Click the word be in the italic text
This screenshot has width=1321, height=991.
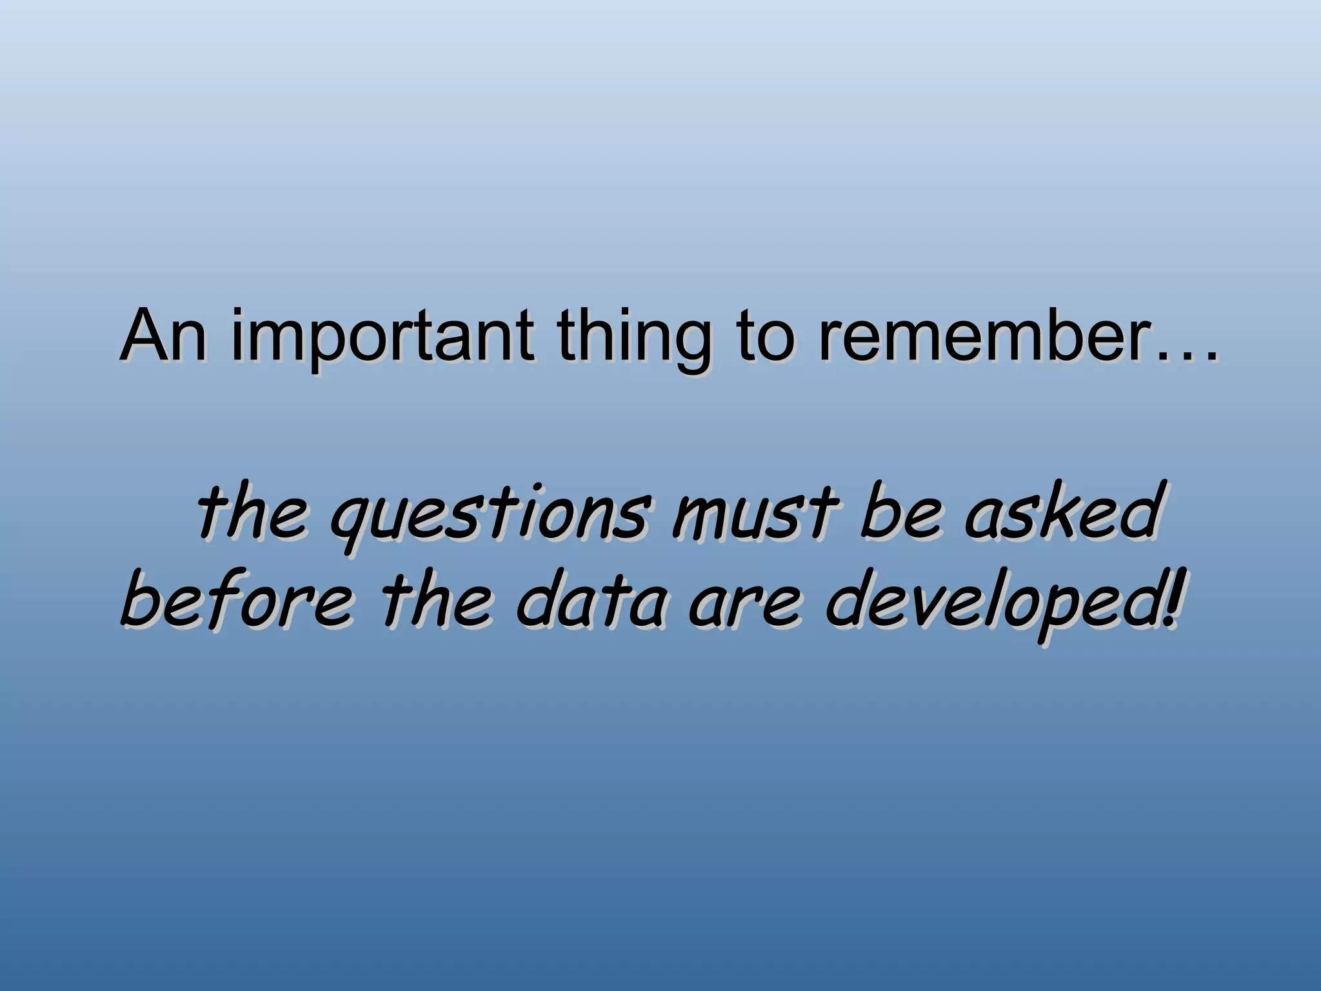tap(900, 514)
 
